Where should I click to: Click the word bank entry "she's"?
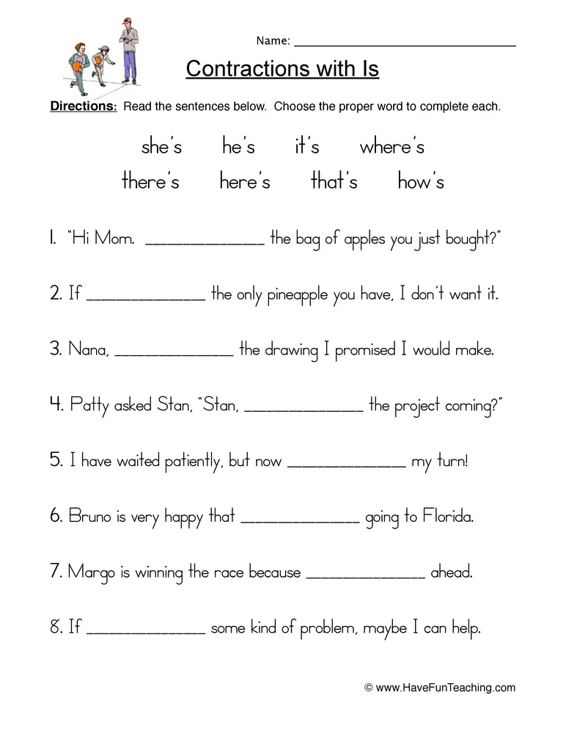161,147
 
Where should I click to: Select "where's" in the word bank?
392,147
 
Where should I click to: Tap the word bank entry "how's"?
420,181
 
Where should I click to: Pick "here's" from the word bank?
245,181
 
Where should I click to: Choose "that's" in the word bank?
334,181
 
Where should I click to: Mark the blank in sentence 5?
347,464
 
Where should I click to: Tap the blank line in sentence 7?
365,575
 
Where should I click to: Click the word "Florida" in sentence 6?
447,517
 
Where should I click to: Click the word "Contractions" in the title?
249,69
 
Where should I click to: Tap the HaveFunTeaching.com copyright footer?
440,688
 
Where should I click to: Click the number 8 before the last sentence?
56,628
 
